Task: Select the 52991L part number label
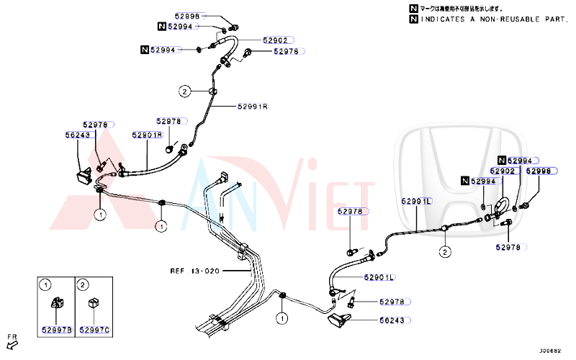416,202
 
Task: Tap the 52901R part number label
147,135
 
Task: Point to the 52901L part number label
380,277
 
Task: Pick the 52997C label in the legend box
94,329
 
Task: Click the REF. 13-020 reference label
194,271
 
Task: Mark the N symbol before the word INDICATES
413,19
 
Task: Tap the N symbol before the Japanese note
413,8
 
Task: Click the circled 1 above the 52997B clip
46,284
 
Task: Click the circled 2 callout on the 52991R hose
185,91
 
